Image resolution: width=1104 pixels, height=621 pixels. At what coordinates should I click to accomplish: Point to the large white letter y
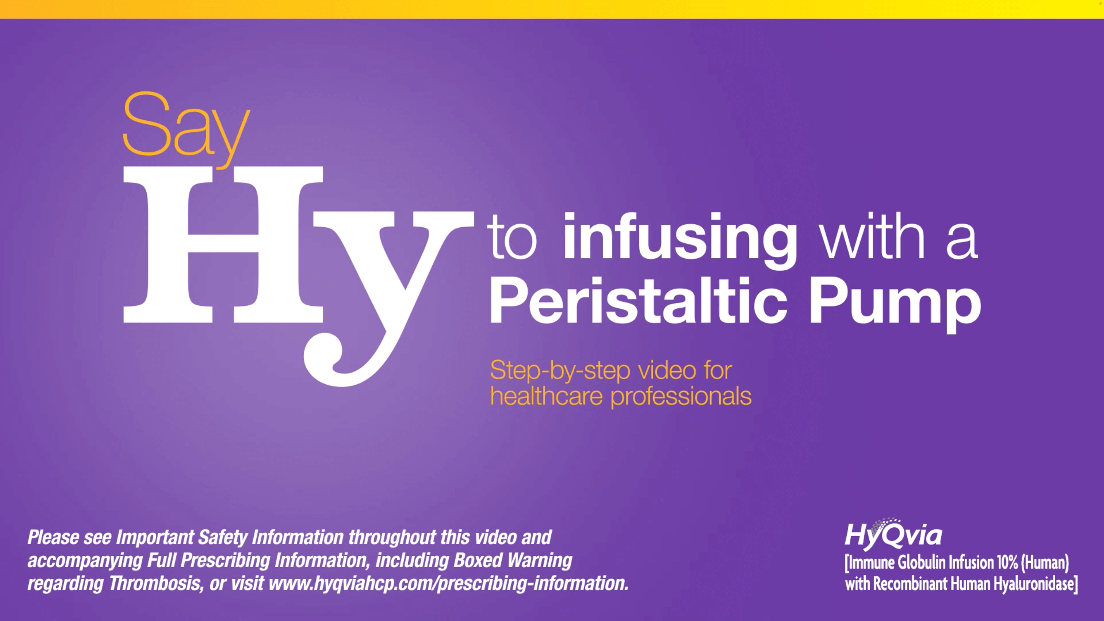(x=388, y=298)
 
